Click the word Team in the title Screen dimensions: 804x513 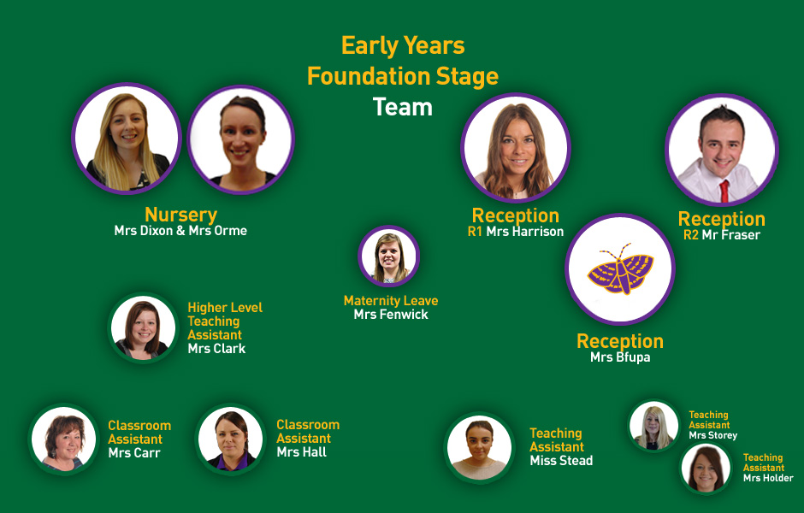click(403, 107)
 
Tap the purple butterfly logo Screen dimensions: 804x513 click(620, 268)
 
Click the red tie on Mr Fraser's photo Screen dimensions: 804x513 click(724, 191)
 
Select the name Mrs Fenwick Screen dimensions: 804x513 click(391, 315)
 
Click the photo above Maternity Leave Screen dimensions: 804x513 click(389, 256)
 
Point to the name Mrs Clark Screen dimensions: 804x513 click(216, 349)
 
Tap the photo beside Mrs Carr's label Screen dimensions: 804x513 click(63, 439)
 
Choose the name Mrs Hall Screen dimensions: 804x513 click(301, 452)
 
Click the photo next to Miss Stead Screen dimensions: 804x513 click(480, 447)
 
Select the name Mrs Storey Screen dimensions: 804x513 click(712, 435)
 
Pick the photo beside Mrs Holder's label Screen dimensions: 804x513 click(706, 469)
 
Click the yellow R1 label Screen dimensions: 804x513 click(475, 232)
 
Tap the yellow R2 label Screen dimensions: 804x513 click(691, 235)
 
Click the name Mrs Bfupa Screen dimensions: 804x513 click(620, 357)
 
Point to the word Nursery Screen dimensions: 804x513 click(181, 215)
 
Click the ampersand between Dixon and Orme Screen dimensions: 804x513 click(180, 231)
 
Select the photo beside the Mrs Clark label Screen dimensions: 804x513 click(143, 328)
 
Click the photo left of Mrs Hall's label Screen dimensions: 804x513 click(231, 439)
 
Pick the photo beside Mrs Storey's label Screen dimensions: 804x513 click(653, 426)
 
